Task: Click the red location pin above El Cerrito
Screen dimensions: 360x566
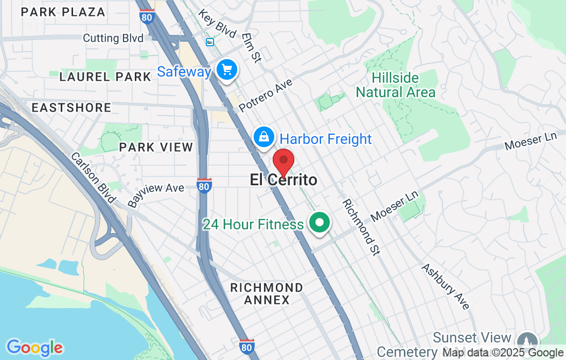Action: [x=283, y=161]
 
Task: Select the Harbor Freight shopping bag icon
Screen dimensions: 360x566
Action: [x=263, y=137]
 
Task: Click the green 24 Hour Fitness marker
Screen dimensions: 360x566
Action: [x=320, y=223]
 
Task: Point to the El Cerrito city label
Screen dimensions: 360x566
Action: [x=284, y=180]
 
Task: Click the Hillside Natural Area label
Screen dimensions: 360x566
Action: [x=396, y=85]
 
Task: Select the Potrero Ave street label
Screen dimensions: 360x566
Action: [x=266, y=96]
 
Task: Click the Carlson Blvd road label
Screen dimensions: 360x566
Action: [x=92, y=178]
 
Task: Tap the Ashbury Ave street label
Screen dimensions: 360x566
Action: [x=446, y=286]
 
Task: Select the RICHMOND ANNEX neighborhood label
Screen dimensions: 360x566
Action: [x=267, y=294]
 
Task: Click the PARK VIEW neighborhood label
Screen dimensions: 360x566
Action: [x=156, y=148]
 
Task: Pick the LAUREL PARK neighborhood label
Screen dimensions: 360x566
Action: [x=105, y=77]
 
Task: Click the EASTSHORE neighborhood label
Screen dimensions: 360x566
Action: [x=72, y=107]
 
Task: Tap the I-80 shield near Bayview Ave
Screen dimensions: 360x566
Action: [x=204, y=186]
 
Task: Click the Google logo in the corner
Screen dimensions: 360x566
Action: [x=34, y=348]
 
